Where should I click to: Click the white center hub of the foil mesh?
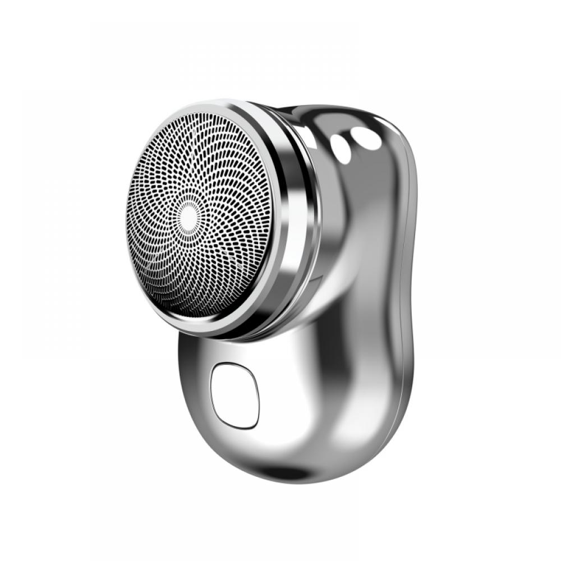click(x=189, y=216)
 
